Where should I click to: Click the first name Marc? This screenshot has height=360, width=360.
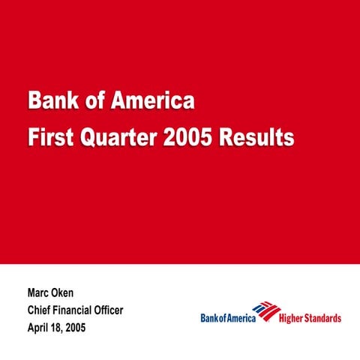point(39,293)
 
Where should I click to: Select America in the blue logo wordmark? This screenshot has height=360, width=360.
point(241,318)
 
